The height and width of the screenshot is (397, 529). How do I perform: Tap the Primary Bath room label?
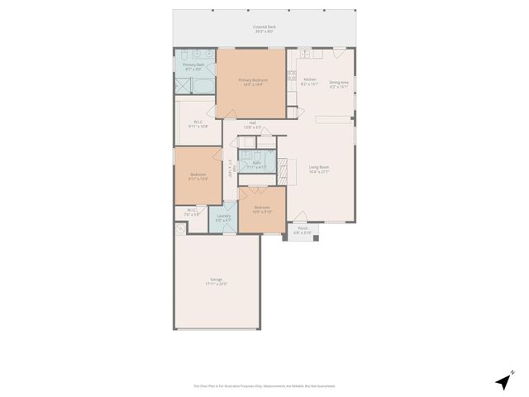click(193, 65)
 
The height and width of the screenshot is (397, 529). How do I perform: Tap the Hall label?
click(252, 126)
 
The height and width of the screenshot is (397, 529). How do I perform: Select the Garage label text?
click(216, 281)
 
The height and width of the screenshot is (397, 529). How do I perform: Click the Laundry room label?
click(223, 218)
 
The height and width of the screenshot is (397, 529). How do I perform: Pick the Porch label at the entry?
click(303, 232)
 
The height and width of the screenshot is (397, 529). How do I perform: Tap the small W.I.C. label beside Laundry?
click(192, 212)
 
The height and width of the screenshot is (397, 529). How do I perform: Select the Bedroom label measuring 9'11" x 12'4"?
click(198, 176)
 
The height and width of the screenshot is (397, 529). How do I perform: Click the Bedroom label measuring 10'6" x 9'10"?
click(262, 208)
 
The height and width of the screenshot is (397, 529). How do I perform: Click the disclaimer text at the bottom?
click(264, 385)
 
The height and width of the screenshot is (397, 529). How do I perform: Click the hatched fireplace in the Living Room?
click(285, 170)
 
